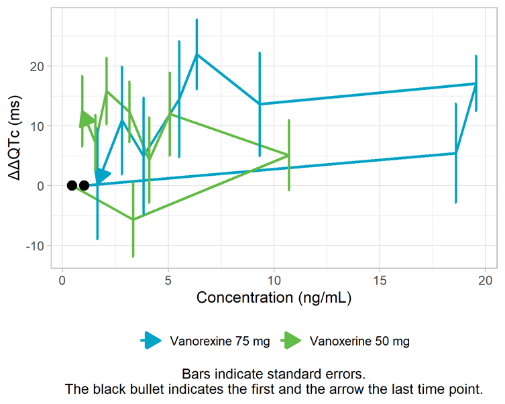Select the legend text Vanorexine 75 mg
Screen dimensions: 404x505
220,341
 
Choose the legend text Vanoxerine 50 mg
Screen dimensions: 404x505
360,341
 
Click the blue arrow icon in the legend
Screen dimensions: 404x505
153,341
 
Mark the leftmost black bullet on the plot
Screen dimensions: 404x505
72,185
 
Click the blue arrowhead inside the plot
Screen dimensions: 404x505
101,176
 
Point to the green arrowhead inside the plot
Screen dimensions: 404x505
87,119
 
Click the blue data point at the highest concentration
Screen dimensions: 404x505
475,84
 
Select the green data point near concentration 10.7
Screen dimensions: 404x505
288,155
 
